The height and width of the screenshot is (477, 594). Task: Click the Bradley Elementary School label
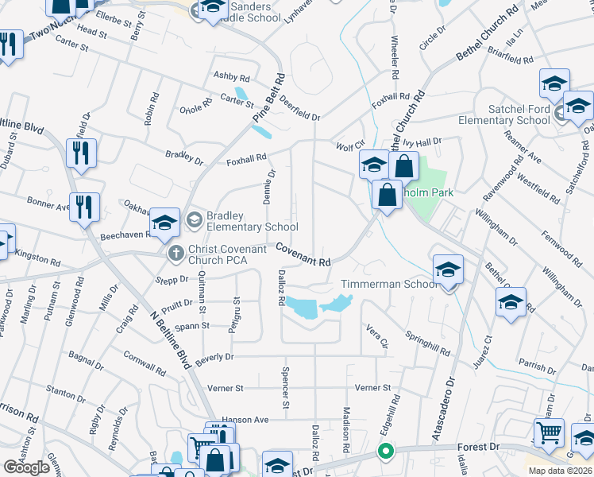252,221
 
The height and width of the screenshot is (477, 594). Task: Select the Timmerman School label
389,284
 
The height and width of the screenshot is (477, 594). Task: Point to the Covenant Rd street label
303,254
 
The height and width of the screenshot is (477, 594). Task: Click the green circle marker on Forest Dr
386,453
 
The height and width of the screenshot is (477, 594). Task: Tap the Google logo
26,467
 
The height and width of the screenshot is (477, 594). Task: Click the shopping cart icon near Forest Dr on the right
549,434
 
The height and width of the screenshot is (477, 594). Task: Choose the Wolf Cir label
349,147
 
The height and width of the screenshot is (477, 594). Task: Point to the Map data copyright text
559,471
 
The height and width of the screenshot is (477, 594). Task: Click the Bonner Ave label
48,205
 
